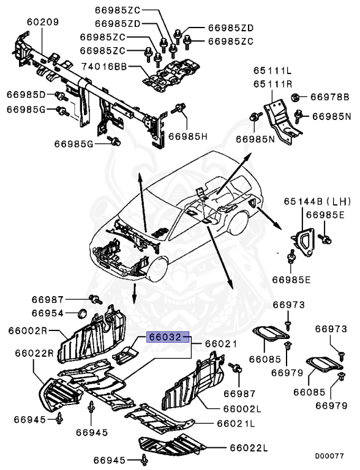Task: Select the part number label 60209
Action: (x=42, y=22)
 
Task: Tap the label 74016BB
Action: (x=105, y=65)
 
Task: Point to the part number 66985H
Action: (x=189, y=135)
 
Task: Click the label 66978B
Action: (x=329, y=97)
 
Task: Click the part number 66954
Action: (x=48, y=313)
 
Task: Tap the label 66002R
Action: (x=28, y=330)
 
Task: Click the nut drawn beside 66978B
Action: (x=295, y=96)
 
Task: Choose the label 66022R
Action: (x=31, y=352)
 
